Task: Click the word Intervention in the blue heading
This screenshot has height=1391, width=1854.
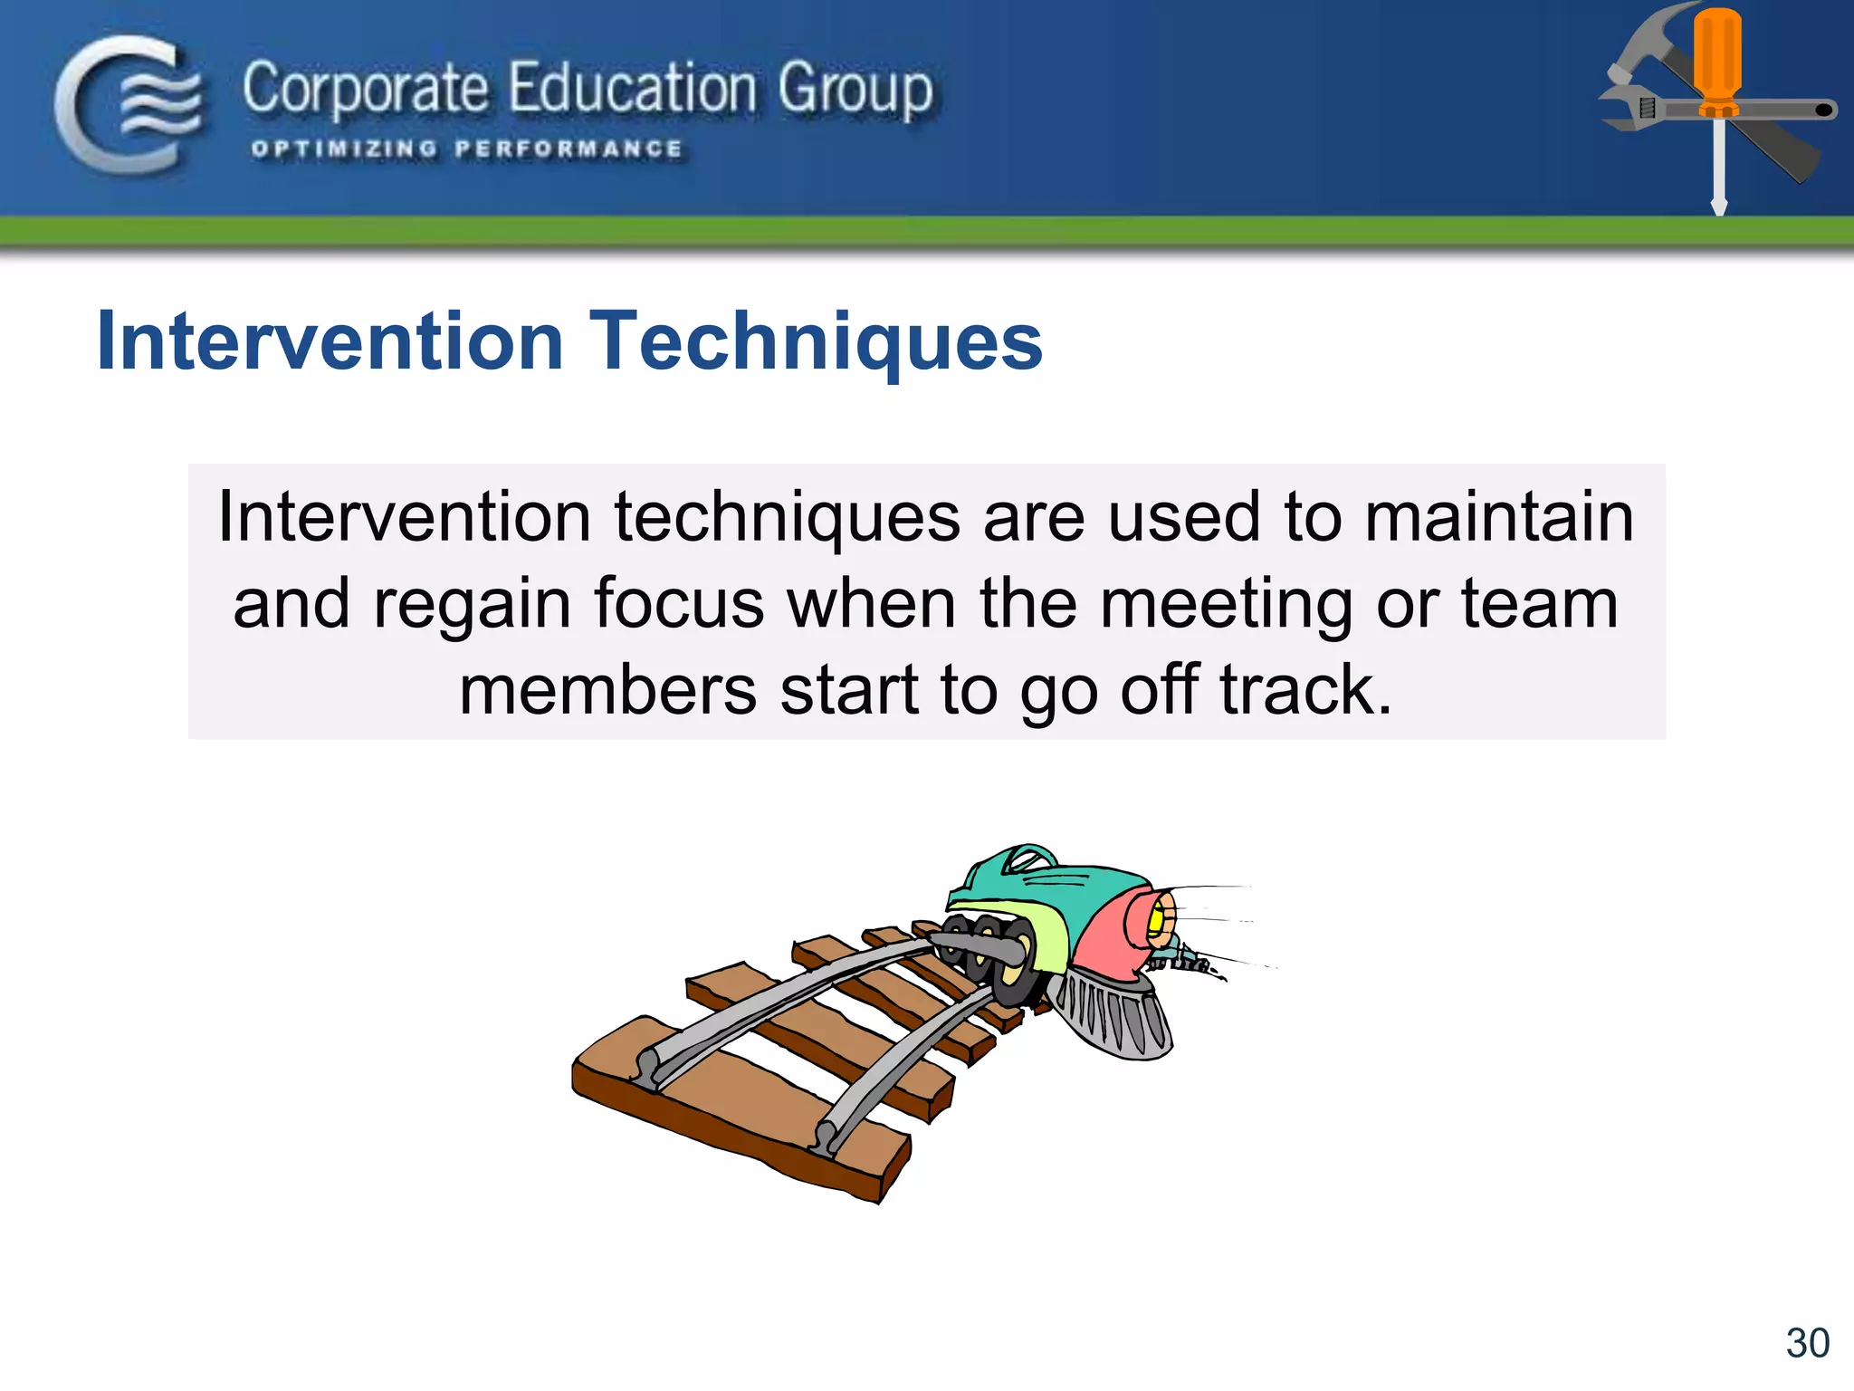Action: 330,341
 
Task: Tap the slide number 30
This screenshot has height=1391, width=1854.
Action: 1807,1343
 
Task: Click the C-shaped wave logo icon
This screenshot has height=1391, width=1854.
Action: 128,104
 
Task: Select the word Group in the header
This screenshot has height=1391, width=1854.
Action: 855,91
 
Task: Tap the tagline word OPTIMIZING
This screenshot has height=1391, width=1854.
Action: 344,149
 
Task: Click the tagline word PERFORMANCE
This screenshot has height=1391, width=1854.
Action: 569,149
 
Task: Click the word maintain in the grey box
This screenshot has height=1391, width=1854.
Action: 1498,517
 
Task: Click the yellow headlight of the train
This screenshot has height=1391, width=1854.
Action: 1156,919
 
